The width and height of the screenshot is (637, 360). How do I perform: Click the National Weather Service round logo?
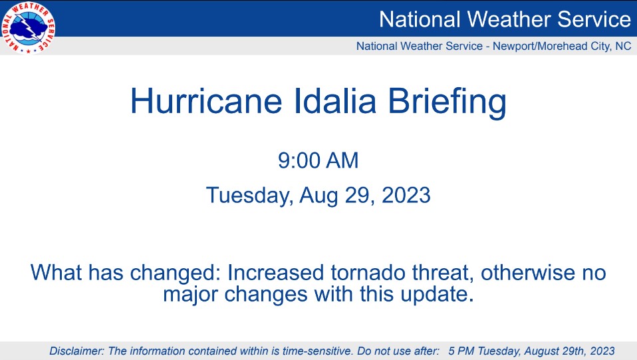click(29, 27)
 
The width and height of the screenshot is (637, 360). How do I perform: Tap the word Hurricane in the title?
click(206, 100)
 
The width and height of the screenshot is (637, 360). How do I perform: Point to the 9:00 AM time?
click(318, 160)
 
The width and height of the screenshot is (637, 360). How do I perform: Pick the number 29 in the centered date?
click(359, 195)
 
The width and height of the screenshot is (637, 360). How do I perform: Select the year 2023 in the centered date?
click(406, 195)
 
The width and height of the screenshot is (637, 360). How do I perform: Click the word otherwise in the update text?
click(528, 273)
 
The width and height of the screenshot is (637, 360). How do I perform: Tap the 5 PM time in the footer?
click(461, 351)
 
